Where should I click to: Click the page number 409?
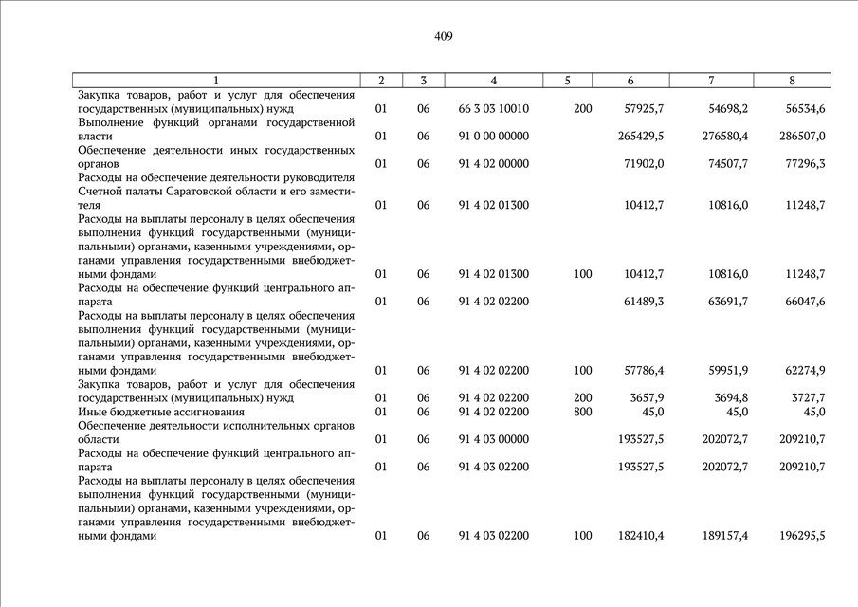coord(444,36)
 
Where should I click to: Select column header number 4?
coord(494,81)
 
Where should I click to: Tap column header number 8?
coord(792,81)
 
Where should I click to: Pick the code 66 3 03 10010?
coord(494,109)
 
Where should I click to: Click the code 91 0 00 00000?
coord(494,137)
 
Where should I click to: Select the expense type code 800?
coord(583,412)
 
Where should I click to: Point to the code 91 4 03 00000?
coord(494,439)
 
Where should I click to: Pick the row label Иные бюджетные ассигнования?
coord(161,412)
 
